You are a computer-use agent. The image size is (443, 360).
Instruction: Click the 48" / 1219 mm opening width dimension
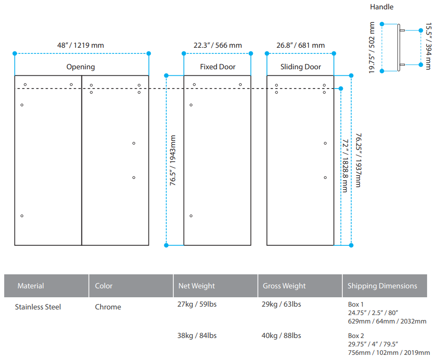[81, 45]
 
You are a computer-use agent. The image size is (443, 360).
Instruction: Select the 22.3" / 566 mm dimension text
[218, 45]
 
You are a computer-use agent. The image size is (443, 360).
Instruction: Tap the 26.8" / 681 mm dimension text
[301, 45]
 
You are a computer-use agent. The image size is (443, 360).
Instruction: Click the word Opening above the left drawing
[81, 67]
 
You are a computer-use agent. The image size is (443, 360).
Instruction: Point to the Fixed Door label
[218, 66]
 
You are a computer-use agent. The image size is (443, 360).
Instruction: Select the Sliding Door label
[301, 67]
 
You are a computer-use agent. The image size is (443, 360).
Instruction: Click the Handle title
[382, 7]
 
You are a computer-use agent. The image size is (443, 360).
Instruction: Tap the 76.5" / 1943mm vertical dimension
[173, 160]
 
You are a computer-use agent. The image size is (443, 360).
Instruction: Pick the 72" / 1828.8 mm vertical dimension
[345, 165]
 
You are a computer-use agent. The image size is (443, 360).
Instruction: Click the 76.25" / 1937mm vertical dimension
[358, 160]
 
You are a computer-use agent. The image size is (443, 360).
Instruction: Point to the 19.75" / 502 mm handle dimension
[371, 47]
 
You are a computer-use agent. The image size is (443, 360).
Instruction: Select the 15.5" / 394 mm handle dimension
[428, 46]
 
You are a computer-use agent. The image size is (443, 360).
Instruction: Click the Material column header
[30, 286]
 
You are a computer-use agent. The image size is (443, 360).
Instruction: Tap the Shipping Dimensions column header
[382, 286]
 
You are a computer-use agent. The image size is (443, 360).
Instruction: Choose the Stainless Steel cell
[38, 307]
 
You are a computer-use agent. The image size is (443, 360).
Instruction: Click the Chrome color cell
[108, 307]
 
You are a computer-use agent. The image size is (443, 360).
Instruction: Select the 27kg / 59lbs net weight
[197, 304]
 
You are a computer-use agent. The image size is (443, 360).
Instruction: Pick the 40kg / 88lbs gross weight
[281, 336]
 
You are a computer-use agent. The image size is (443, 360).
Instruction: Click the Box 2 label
[356, 336]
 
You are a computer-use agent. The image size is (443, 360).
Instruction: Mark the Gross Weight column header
[284, 286]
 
